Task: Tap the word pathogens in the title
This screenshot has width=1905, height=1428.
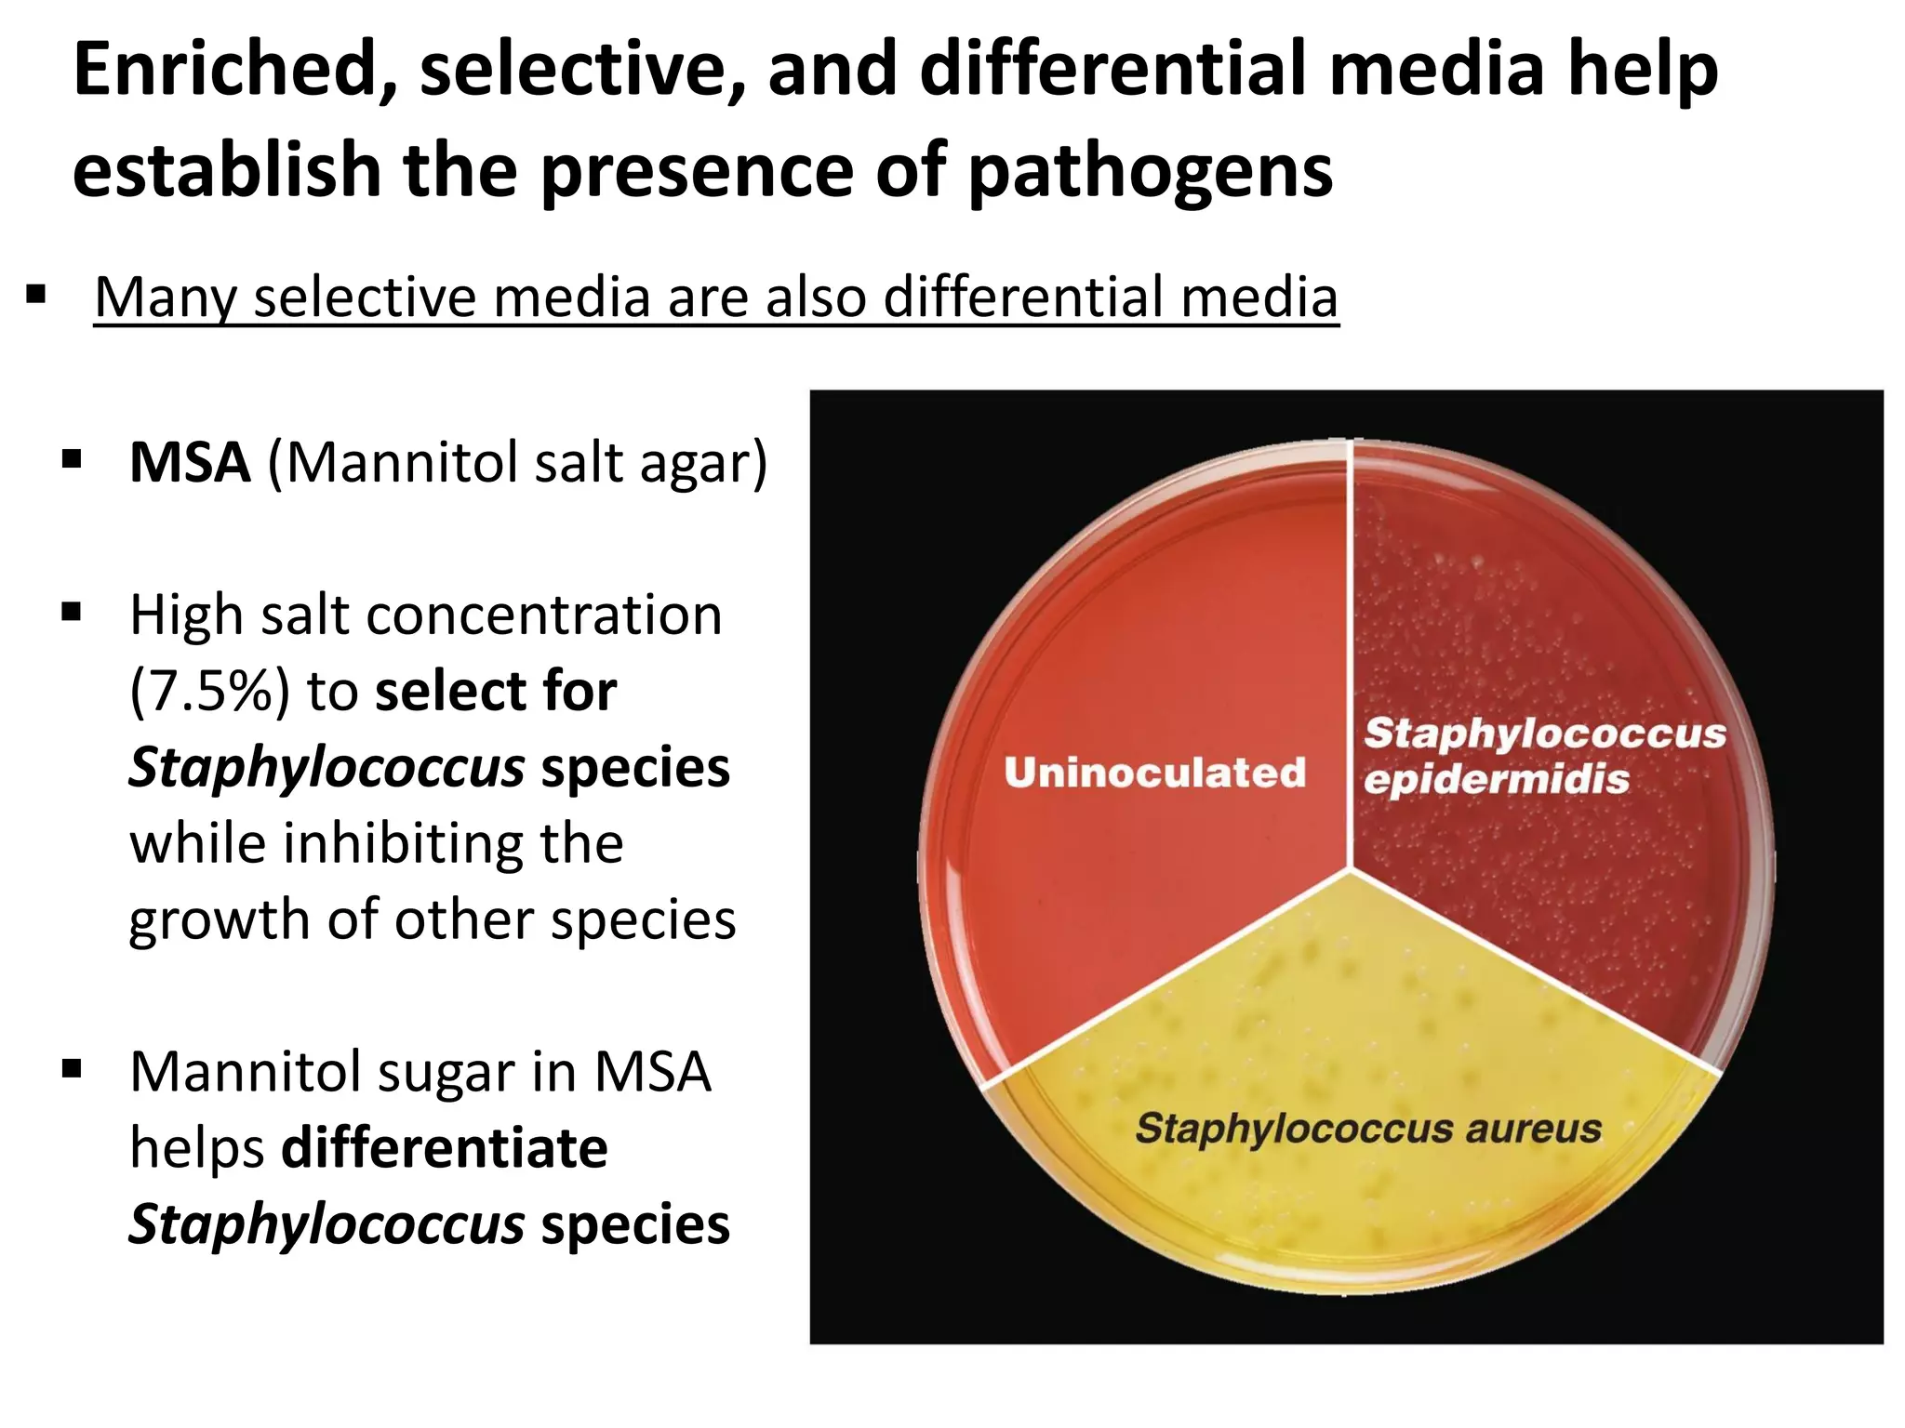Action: (x=1150, y=172)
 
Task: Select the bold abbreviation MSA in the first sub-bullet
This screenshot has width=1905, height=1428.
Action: (x=190, y=462)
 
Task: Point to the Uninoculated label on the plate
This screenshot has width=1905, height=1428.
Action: (x=1154, y=773)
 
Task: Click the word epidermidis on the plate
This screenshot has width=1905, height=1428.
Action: (x=1496, y=779)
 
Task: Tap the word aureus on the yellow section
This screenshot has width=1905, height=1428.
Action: (x=1534, y=1129)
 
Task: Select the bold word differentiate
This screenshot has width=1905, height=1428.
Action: (x=445, y=1148)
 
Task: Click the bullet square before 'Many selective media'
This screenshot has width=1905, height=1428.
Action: (x=36, y=297)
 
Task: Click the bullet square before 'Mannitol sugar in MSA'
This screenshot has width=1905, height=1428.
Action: (x=72, y=1070)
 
